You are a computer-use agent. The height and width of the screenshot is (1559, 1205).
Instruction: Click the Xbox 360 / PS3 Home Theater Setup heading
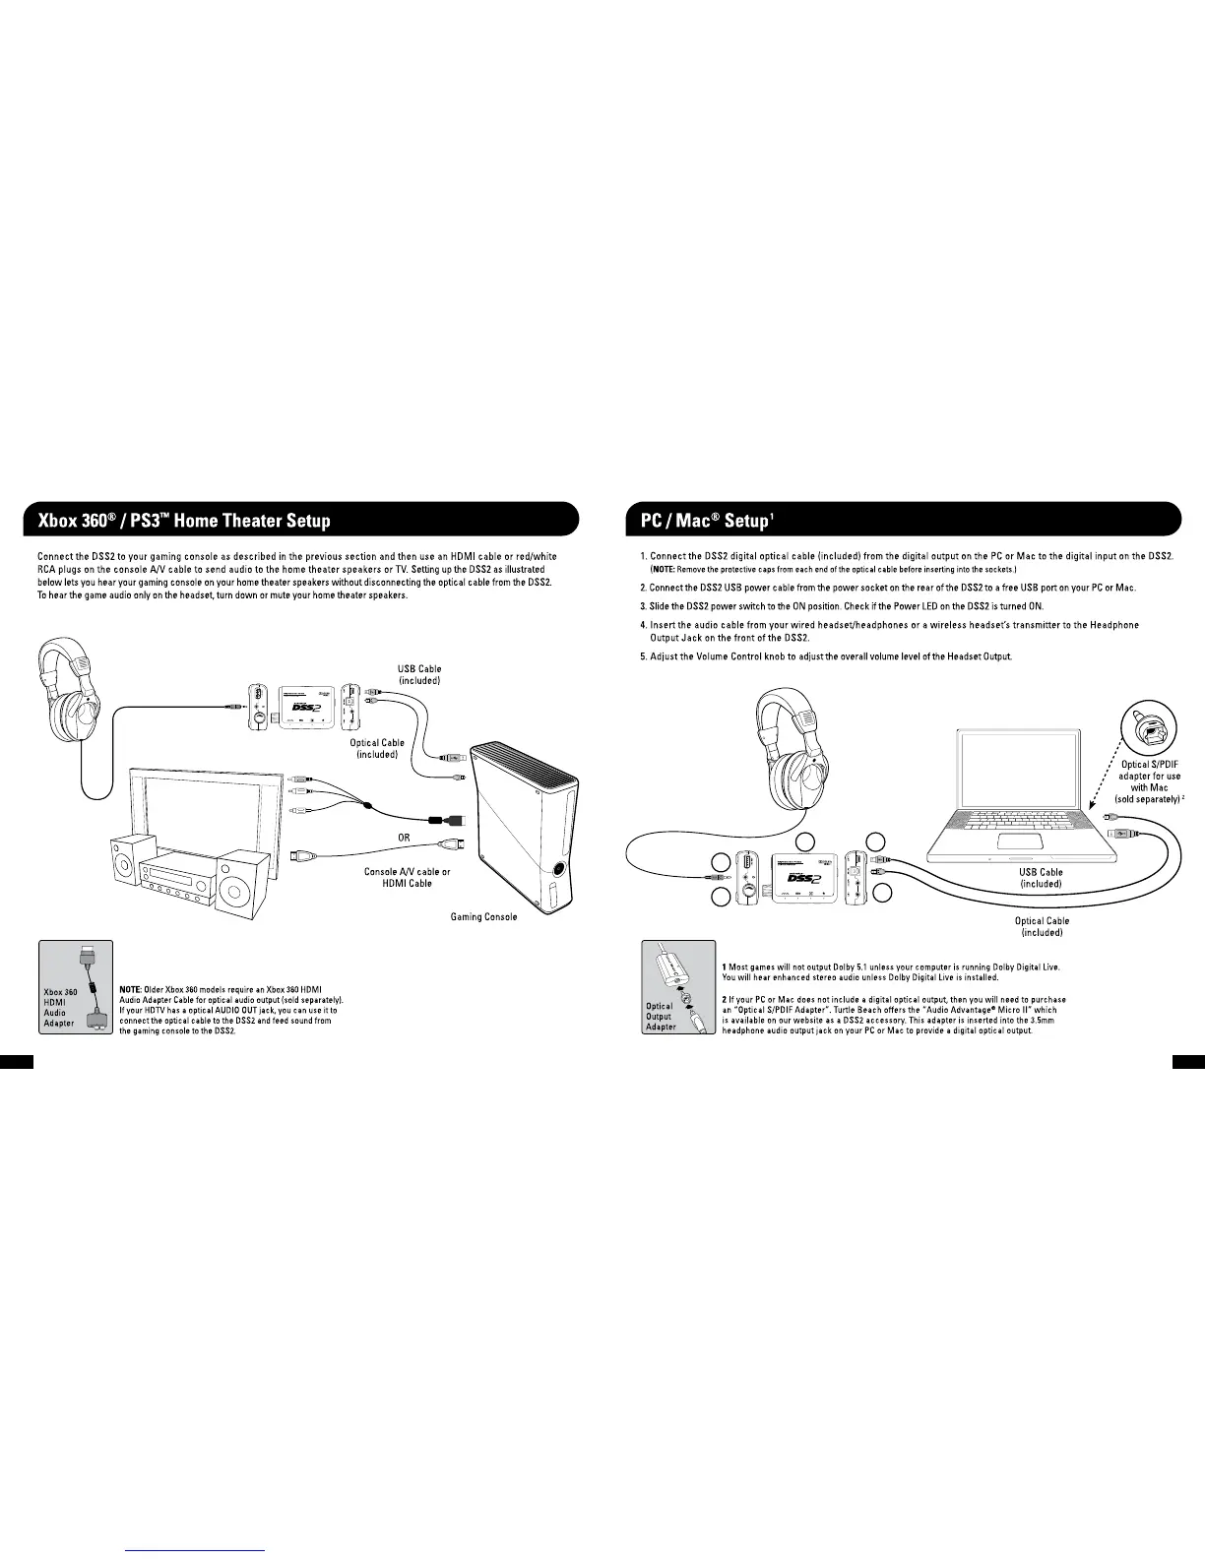(x=185, y=521)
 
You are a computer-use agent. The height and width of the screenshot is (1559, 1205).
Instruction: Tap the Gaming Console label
(x=483, y=917)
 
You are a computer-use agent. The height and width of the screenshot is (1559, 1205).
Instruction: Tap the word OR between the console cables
(x=404, y=839)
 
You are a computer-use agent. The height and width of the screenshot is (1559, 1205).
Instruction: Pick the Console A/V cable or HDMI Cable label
(x=407, y=878)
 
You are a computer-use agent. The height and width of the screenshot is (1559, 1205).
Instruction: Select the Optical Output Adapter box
(x=678, y=986)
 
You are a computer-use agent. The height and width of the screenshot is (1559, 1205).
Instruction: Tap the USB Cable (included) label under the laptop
(x=1041, y=878)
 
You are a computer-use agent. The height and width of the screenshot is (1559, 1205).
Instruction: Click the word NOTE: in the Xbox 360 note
(x=132, y=989)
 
